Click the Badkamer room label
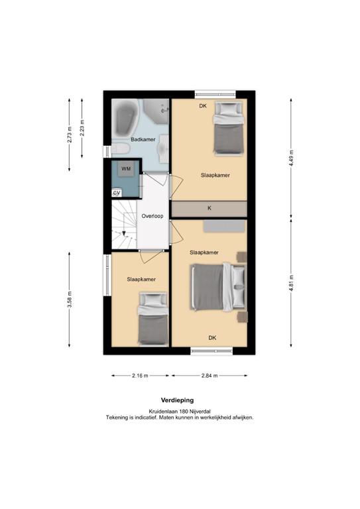pyautogui.click(x=143, y=140)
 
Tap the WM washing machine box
pyautogui.click(x=126, y=170)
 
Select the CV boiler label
pyautogui.click(x=117, y=193)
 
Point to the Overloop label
pyautogui.click(x=152, y=216)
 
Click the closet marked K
pyautogui.click(x=210, y=208)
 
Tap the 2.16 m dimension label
pyautogui.click(x=140, y=376)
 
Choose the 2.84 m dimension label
pyautogui.click(x=210, y=376)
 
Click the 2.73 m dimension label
pyautogui.click(x=70, y=135)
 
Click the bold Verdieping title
pyautogui.click(x=178, y=400)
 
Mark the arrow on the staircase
pyautogui.click(x=123, y=233)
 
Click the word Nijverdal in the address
pyautogui.click(x=215, y=412)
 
